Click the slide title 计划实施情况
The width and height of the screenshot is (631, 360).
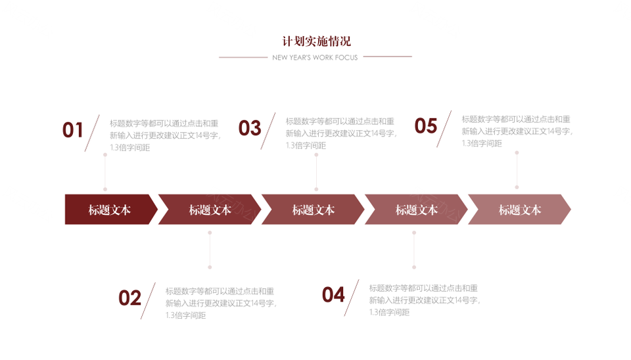coord(316,41)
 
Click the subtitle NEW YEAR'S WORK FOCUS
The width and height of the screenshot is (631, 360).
coord(315,58)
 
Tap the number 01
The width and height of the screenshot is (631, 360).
coord(72,130)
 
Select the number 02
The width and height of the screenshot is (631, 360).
coord(129,298)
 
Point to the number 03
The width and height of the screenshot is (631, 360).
coord(250,128)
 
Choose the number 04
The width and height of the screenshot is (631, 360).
coord(333,295)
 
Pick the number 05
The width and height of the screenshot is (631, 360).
coord(426,126)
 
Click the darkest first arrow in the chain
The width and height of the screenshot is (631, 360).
coord(111,210)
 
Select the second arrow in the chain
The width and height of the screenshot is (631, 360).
coord(210,210)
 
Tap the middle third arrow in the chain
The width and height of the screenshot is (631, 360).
coord(313,210)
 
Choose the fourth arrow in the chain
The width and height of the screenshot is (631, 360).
coord(416,210)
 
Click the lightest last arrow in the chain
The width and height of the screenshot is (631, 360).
coord(519,210)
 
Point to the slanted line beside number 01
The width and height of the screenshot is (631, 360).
coord(92,133)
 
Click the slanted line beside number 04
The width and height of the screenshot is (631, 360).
coord(352,298)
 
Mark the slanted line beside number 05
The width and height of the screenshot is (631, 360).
coord(444,129)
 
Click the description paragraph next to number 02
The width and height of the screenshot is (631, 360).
coord(221,303)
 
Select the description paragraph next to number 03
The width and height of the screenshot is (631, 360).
coord(341,133)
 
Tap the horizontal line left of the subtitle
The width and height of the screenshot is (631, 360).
coord(243,57)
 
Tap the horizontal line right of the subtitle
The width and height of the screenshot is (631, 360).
coord(388,56)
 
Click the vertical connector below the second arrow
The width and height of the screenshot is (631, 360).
coord(210,250)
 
